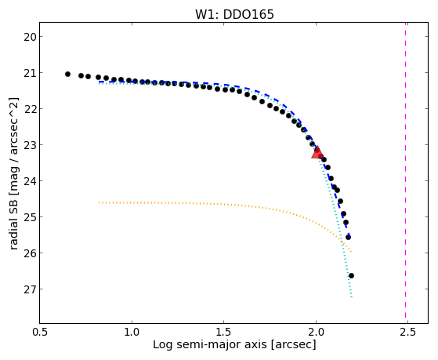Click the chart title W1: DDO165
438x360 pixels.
234,14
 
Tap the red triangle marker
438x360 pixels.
317,152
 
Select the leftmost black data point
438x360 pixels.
67,75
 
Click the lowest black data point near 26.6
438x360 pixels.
351,276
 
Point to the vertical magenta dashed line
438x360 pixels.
405,173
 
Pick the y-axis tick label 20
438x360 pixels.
29,37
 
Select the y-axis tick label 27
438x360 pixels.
29,289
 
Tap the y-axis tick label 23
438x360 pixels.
29,145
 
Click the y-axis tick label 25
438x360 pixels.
29,217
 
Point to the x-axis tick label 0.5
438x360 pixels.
40,333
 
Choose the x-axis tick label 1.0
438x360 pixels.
132,333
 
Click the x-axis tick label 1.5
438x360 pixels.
224,333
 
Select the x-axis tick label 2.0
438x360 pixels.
316,333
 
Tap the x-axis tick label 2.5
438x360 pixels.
407,333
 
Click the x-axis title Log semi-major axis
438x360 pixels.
209,345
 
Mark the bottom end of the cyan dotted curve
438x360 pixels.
351,297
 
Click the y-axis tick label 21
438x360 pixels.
29,73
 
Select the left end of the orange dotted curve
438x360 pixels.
100,202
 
